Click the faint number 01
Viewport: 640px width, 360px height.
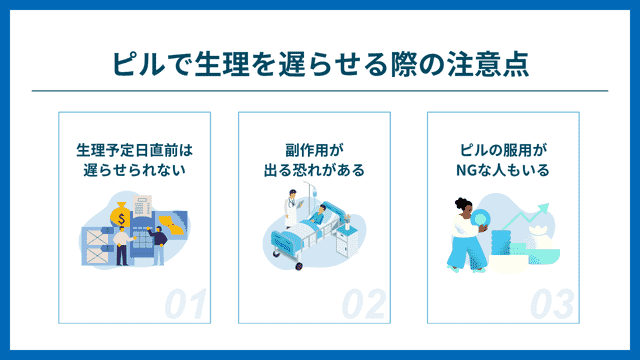pos(186,304)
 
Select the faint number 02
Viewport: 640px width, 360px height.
pos(364,304)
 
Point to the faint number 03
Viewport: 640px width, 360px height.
pos(552,304)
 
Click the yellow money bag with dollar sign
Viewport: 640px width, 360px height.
pos(121,216)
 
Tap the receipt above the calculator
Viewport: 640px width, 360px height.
pos(142,207)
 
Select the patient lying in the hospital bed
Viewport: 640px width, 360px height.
pos(317,214)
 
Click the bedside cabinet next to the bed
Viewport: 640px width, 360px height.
pos(347,242)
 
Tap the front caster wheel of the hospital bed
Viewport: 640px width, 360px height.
pos(299,266)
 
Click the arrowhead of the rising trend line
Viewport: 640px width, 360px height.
pos(544,209)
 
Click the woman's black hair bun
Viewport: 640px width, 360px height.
pos(460,202)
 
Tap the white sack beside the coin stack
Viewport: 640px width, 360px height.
pos(539,238)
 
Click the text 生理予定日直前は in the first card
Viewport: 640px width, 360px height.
pos(134,150)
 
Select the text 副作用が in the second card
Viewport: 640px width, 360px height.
pos(314,150)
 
